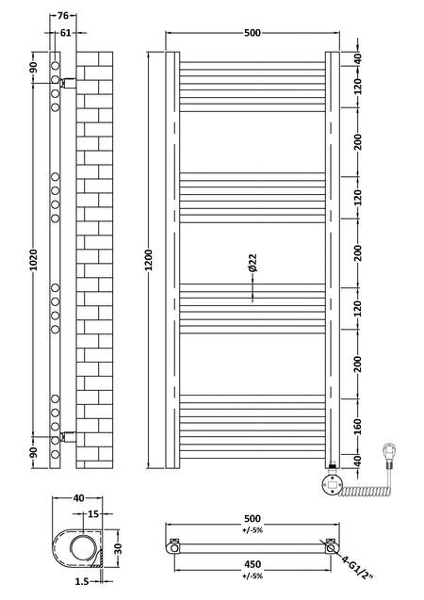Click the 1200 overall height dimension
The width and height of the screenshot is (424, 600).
tap(149, 260)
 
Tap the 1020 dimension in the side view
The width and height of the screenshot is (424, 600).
tap(34, 260)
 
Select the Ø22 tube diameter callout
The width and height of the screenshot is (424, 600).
tap(253, 263)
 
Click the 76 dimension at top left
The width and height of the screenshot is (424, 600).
tap(63, 16)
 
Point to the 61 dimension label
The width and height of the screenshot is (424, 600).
tap(65, 33)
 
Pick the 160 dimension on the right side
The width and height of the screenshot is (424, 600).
tap(357, 427)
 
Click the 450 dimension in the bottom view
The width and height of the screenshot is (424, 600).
tap(253, 564)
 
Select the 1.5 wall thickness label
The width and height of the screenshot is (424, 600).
tap(82, 582)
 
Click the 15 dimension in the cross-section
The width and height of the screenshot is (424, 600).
tap(93, 514)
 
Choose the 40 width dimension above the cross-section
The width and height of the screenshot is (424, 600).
tap(78, 498)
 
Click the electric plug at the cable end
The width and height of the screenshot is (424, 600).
tap(389, 455)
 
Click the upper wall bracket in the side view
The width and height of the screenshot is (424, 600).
tap(67, 82)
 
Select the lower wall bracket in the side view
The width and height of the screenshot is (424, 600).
tap(67, 437)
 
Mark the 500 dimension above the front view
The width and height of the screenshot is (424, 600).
tap(253, 33)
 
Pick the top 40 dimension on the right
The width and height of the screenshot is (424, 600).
tap(357, 59)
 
